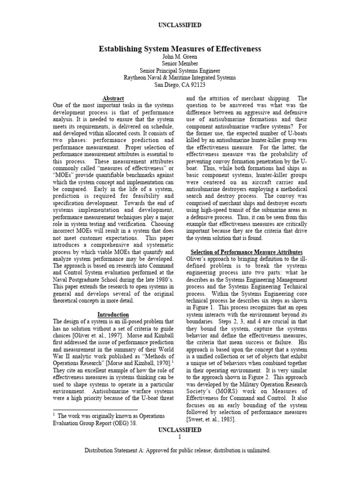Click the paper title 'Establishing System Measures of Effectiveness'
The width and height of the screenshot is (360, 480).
[x=180, y=49]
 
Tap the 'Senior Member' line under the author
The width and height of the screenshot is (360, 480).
[x=180, y=64]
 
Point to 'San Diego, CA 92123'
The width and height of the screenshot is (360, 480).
[x=180, y=85]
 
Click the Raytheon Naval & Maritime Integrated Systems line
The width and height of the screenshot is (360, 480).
[x=180, y=78]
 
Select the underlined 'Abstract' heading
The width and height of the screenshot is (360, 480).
[x=113, y=98]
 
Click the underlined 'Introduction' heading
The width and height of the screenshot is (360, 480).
[x=113, y=315]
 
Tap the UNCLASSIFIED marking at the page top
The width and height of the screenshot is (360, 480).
[x=180, y=24]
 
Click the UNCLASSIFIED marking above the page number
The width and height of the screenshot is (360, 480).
[x=180, y=430]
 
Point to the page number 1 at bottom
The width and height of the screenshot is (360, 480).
[x=180, y=437]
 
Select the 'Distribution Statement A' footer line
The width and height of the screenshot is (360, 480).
[x=180, y=450]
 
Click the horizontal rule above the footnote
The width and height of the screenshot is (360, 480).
[x=85, y=409]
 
